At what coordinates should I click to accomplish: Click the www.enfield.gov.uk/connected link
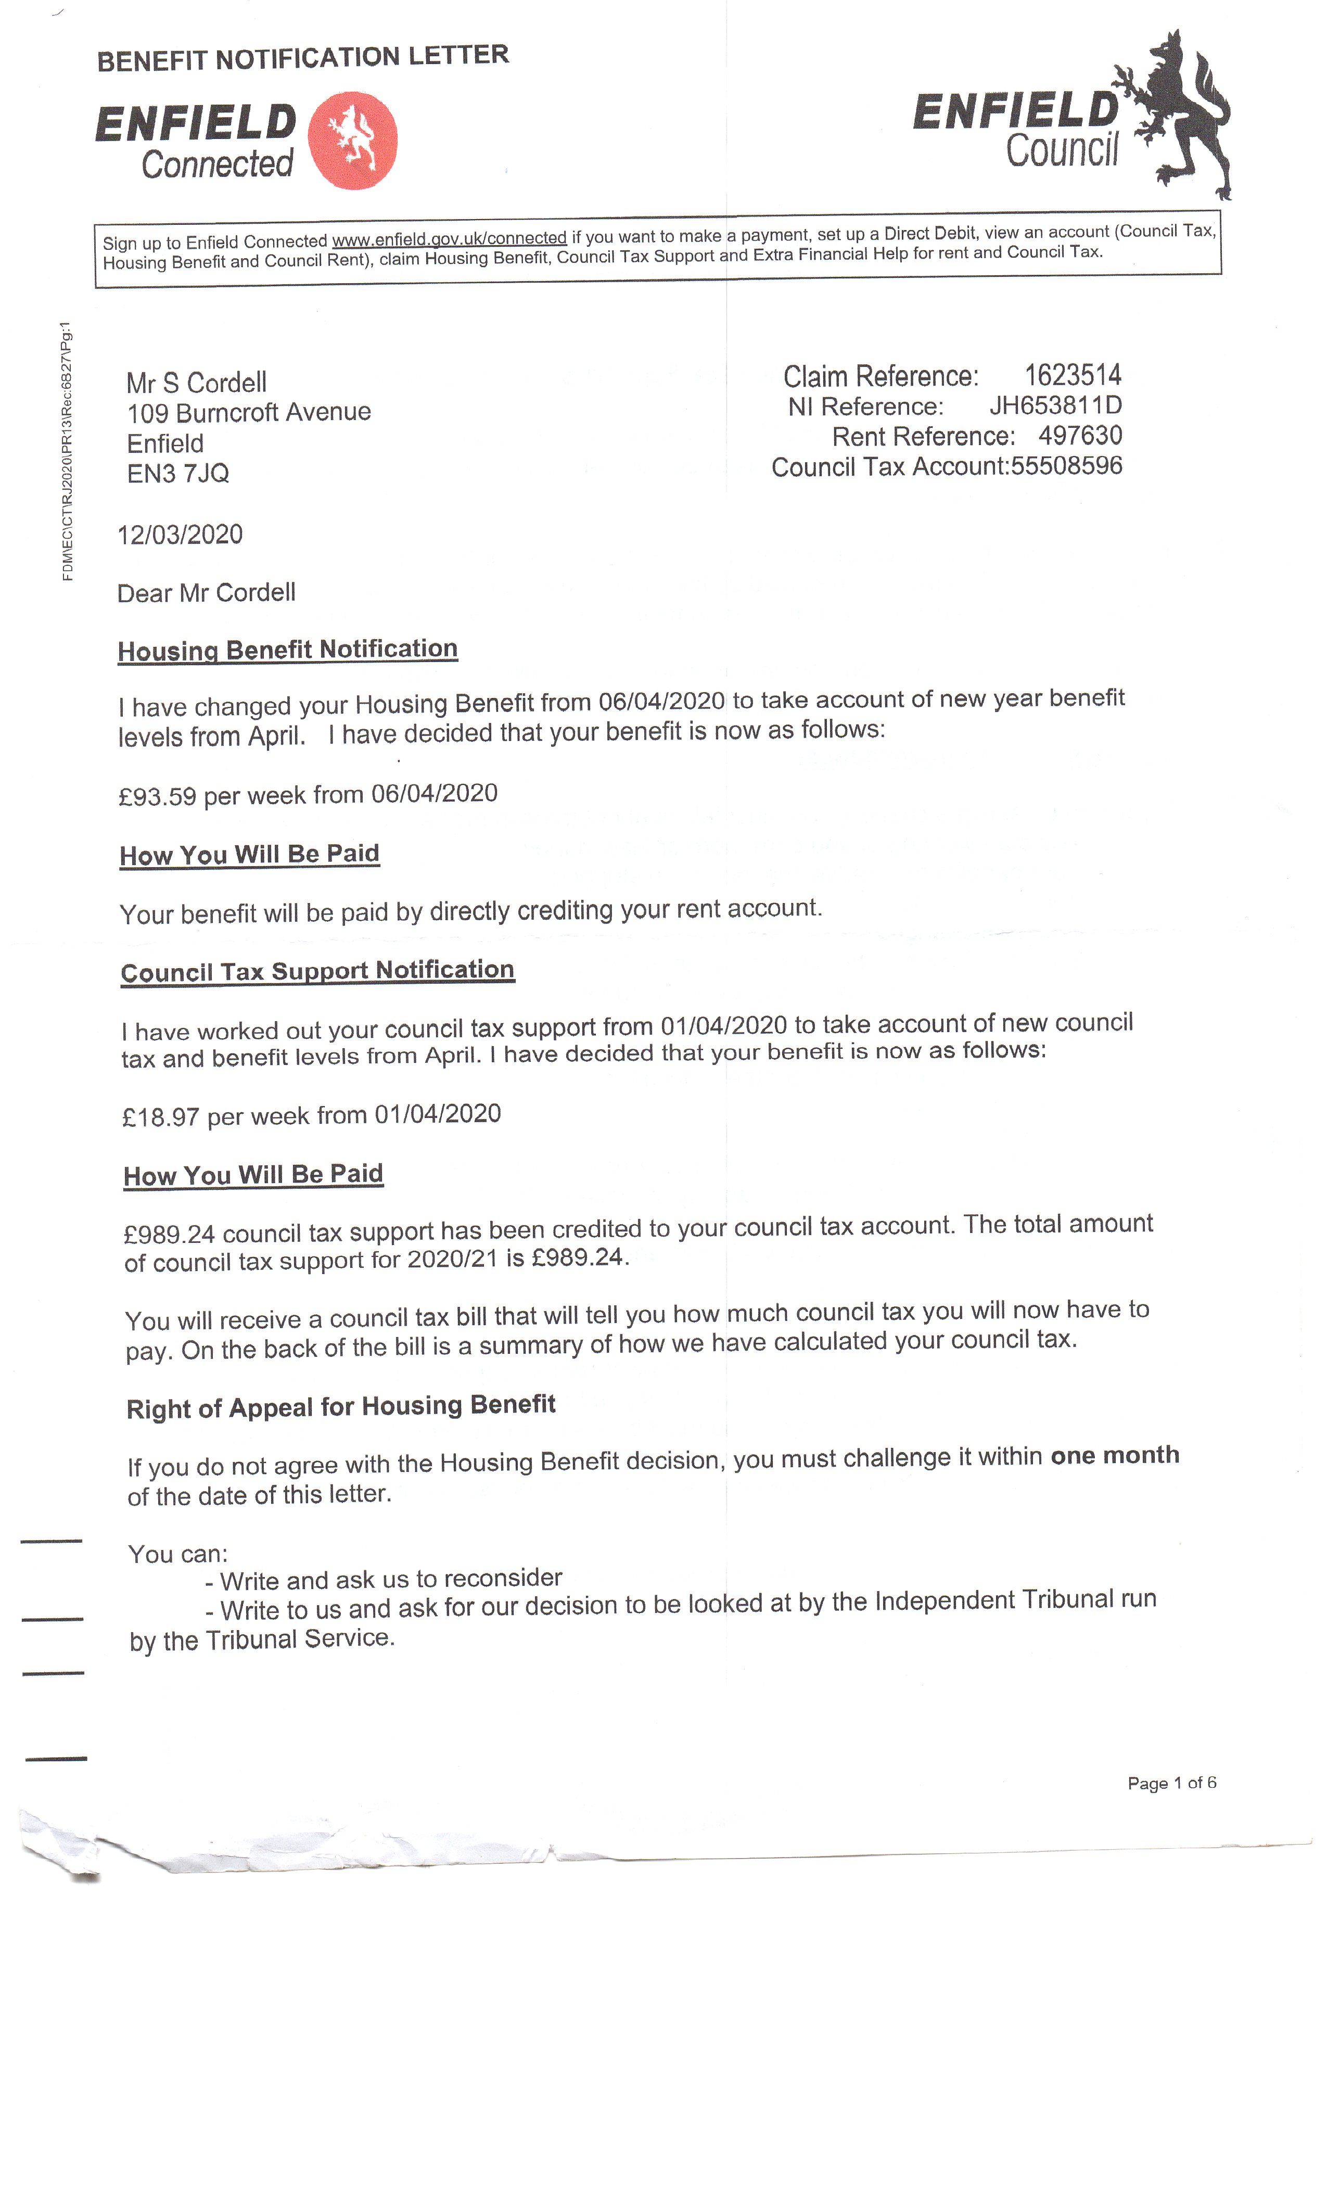click(x=449, y=239)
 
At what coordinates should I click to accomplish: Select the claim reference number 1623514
click(x=1073, y=375)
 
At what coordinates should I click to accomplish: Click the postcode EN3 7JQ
click(x=178, y=474)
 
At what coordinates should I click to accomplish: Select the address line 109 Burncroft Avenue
click(x=248, y=413)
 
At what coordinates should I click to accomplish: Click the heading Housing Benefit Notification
click(x=287, y=650)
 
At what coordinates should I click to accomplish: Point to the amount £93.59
click(x=157, y=797)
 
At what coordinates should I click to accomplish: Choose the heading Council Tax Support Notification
click(x=317, y=971)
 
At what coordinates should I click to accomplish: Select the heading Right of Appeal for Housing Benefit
click(x=341, y=1407)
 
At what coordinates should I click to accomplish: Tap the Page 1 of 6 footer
click(x=1171, y=1782)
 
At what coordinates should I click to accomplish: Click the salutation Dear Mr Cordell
click(x=206, y=593)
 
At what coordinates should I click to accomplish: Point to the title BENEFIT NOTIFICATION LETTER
click(x=302, y=58)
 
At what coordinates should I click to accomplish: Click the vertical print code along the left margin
click(x=68, y=452)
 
